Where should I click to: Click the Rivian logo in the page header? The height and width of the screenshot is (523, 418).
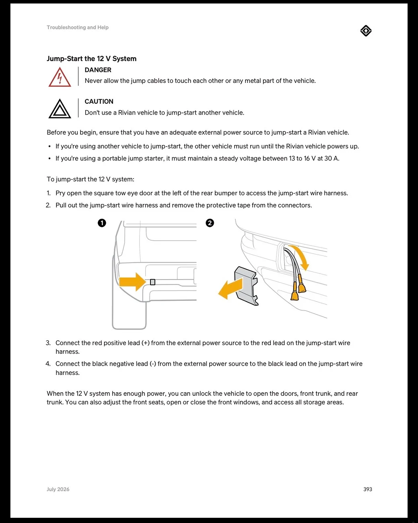[x=366, y=31]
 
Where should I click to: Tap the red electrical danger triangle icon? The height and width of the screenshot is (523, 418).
[x=60, y=77]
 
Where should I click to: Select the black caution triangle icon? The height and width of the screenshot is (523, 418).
[x=60, y=109]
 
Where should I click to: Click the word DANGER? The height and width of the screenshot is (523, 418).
[x=98, y=70]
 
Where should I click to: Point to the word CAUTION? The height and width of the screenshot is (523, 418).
[x=99, y=102]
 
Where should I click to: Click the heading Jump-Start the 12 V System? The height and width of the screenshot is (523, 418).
[x=92, y=59]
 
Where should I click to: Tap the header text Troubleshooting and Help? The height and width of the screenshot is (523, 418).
[x=78, y=27]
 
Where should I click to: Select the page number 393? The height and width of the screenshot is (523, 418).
[x=368, y=489]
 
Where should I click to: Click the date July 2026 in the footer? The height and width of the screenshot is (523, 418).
[x=58, y=489]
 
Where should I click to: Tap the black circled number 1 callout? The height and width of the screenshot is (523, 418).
[x=102, y=223]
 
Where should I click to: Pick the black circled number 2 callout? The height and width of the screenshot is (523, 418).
[x=210, y=223]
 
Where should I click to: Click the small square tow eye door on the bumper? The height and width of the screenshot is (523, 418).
[x=152, y=282]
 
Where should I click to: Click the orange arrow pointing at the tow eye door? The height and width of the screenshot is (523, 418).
[x=132, y=282]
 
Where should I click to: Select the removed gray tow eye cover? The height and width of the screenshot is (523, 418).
[x=246, y=286]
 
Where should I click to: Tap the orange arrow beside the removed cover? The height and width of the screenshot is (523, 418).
[x=231, y=289]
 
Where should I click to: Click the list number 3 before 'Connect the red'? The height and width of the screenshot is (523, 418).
[x=48, y=343]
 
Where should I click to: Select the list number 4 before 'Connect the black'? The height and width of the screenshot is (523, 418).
[x=48, y=364]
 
